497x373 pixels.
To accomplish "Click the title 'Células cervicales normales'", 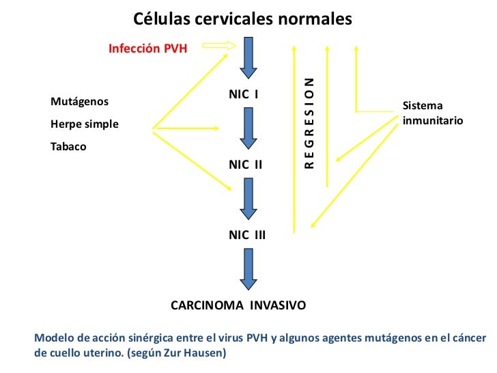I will pyautogui.click(x=242, y=18).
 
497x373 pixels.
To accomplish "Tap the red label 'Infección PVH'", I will pyautogui.click(x=148, y=49).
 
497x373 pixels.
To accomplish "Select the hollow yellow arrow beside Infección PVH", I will pyautogui.click(x=219, y=46).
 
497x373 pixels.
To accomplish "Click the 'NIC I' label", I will pyautogui.click(x=243, y=93).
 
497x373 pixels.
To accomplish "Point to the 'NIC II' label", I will pyautogui.click(x=245, y=165).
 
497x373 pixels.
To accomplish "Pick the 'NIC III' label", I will pyautogui.click(x=247, y=235).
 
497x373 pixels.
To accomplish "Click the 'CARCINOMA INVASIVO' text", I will pyautogui.click(x=238, y=305).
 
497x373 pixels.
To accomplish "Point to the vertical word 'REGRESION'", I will pyautogui.click(x=309, y=123).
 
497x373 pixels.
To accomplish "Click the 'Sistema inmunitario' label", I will pyautogui.click(x=432, y=113).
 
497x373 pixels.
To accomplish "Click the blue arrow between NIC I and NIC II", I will pyautogui.click(x=247, y=130).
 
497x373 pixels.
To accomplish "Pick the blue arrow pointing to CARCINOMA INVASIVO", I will pyautogui.click(x=247, y=269).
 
